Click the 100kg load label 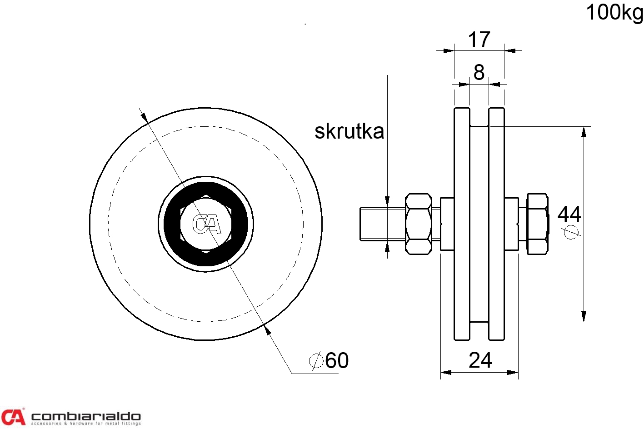pyautogui.click(x=614, y=12)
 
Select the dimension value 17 pyautogui.click(x=479, y=40)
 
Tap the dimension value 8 pyautogui.click(x=479, y=72)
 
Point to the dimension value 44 pyautogui.click(x=569, y=214)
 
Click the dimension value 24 pyautogui.click(x=480, y=360)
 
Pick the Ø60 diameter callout pyautogui.click(x=329, y=361)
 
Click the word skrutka pyautogui.click(x=349, y=131)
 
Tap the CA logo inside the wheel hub pyautogui.click(x=206, y=224)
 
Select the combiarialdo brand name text pyautogui.click(x=86, y=416)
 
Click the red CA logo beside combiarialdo pyautogui.click(x=13, y=417)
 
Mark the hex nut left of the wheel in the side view pyautogui.click(x=418, y=224)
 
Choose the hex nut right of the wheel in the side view pyautogui.click(x=537, y=224)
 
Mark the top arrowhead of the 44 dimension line pyautogui.click(x=584, y=132)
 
